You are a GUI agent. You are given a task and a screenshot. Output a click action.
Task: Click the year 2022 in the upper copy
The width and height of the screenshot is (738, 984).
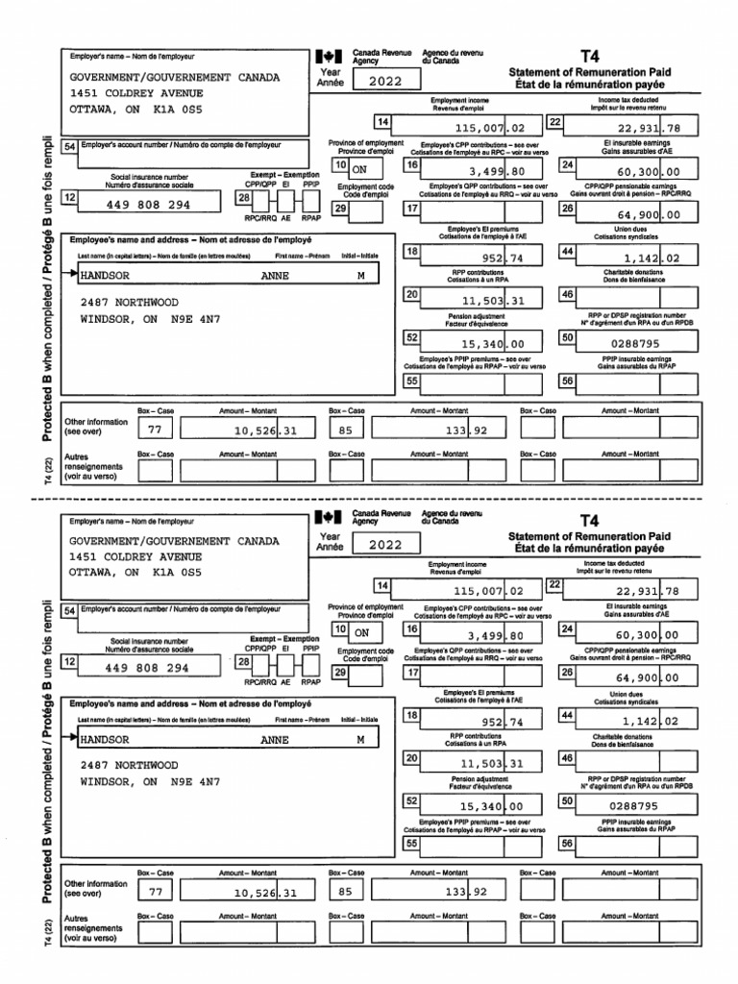(x=383, y=82)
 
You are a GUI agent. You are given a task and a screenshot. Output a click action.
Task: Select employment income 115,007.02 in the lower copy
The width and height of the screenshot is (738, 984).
(x=490, y=591)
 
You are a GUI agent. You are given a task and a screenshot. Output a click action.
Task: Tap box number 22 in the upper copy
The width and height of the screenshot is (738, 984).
(x=554, y=121)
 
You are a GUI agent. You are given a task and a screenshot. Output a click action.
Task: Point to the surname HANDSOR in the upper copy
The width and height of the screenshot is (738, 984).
(x=111, y=275)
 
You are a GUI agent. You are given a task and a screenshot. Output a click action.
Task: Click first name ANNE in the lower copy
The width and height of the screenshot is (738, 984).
(x=275, y=740)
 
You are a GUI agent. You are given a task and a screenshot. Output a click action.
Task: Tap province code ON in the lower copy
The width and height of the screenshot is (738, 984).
(x=361, y=633)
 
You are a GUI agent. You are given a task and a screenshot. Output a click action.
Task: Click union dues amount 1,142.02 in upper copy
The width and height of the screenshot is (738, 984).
(x=651, y=258)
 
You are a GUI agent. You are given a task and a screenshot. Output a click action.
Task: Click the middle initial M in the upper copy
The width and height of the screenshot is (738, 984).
(x=360, y=275)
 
